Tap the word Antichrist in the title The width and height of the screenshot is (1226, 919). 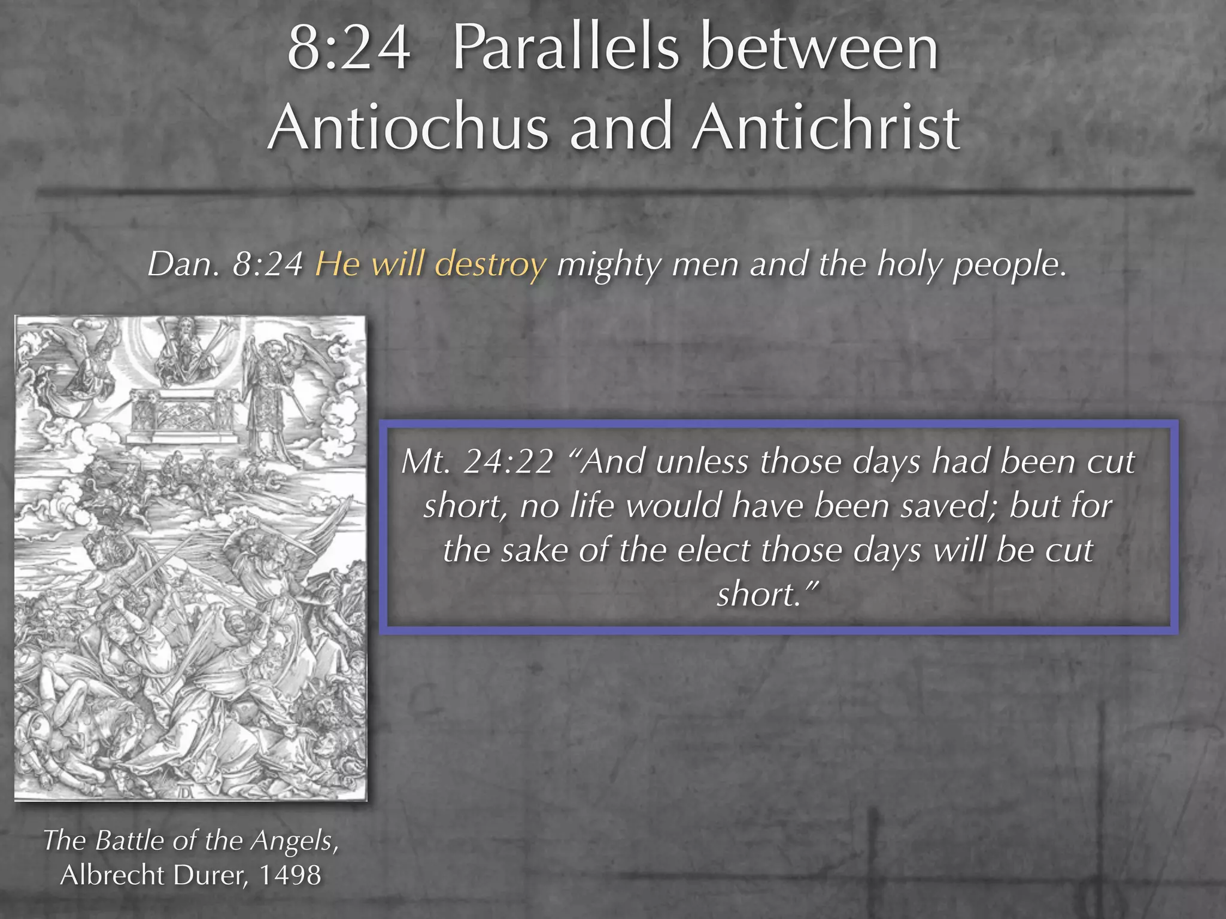pyautogui.click(x=826, y=127)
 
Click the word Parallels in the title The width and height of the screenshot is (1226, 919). pyautogui.click(x=565, y=48)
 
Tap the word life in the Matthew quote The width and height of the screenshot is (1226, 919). pyautogui.click(x=591, y=506)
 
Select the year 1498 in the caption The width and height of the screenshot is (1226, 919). pyautogui.click(x=290, y=875)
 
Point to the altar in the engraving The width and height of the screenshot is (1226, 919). pyautogui.click(x=180, y=416)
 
